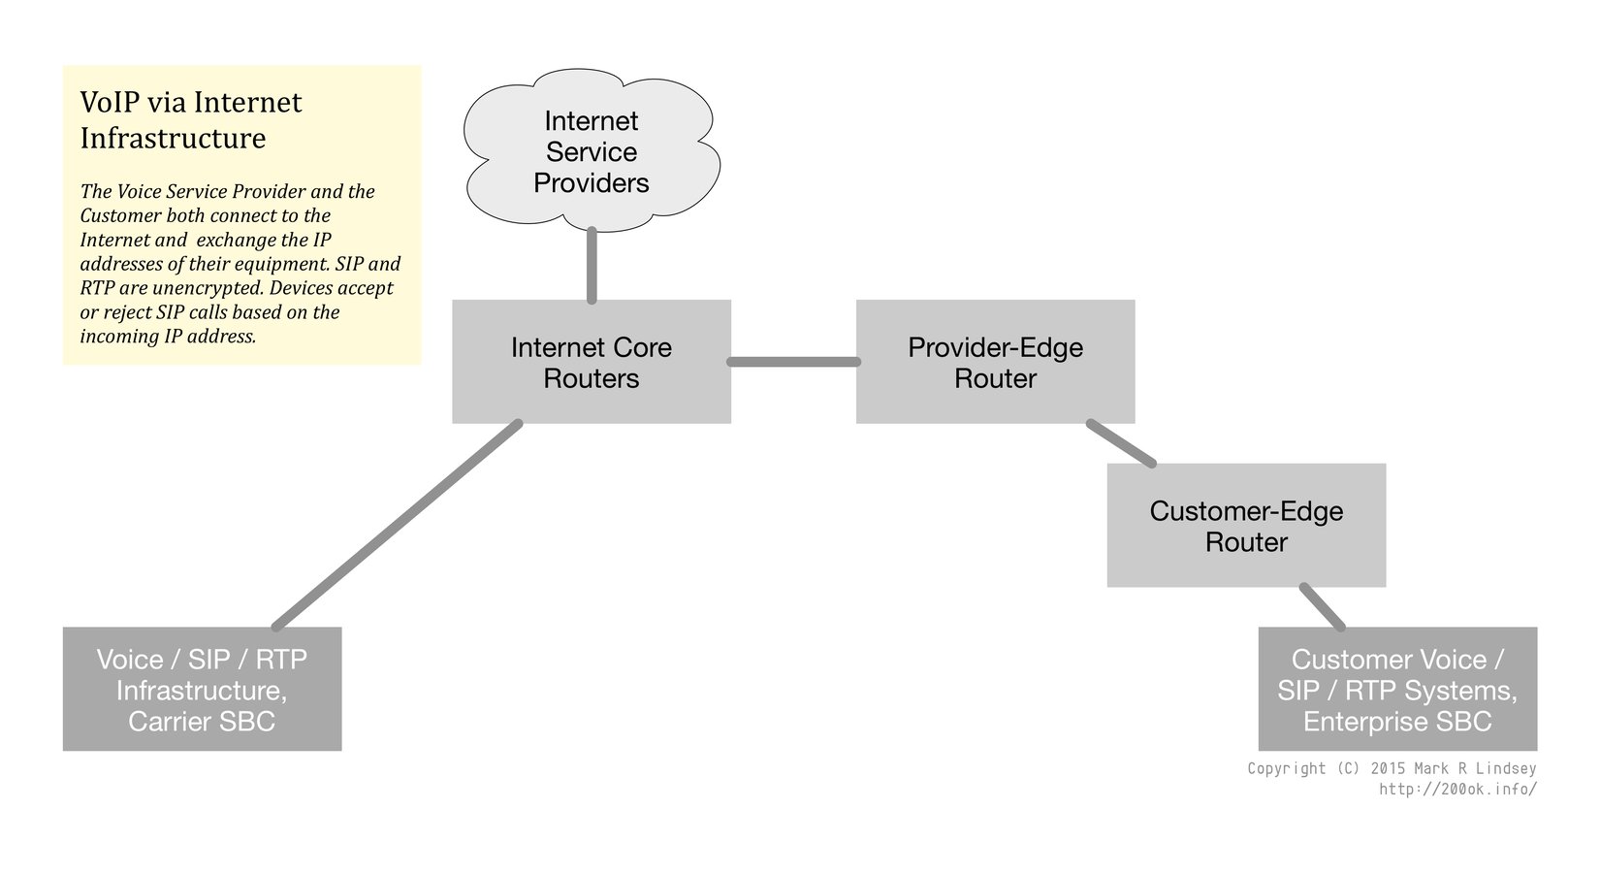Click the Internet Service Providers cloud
coord(592,152)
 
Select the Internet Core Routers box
coord(592,362)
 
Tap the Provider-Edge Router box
coord(995,362)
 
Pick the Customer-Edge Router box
coord(1246,526)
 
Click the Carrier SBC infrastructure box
coord(202,690)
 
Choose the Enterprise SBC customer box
coord(1397,690)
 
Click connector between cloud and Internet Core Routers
coord(592,266)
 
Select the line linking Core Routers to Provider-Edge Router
coord(793,362)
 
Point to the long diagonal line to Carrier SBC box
coord(398,525)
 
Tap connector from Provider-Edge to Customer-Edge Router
coord(1121,443)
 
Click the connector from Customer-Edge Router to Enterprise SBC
coord(1323,606)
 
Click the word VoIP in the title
coord(108,103)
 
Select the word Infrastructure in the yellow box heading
coord(173,138)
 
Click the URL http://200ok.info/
coord(1457,790)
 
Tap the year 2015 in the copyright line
coord(1388,768)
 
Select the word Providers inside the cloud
coord(592,183)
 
